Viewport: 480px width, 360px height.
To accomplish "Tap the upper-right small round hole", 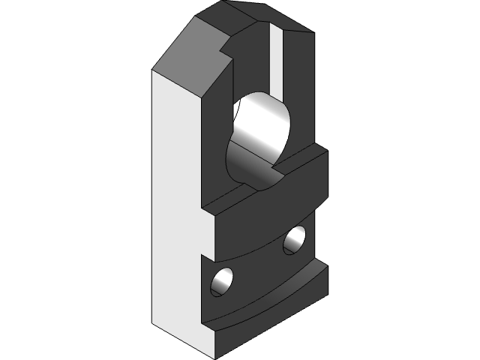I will click(294, 240).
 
